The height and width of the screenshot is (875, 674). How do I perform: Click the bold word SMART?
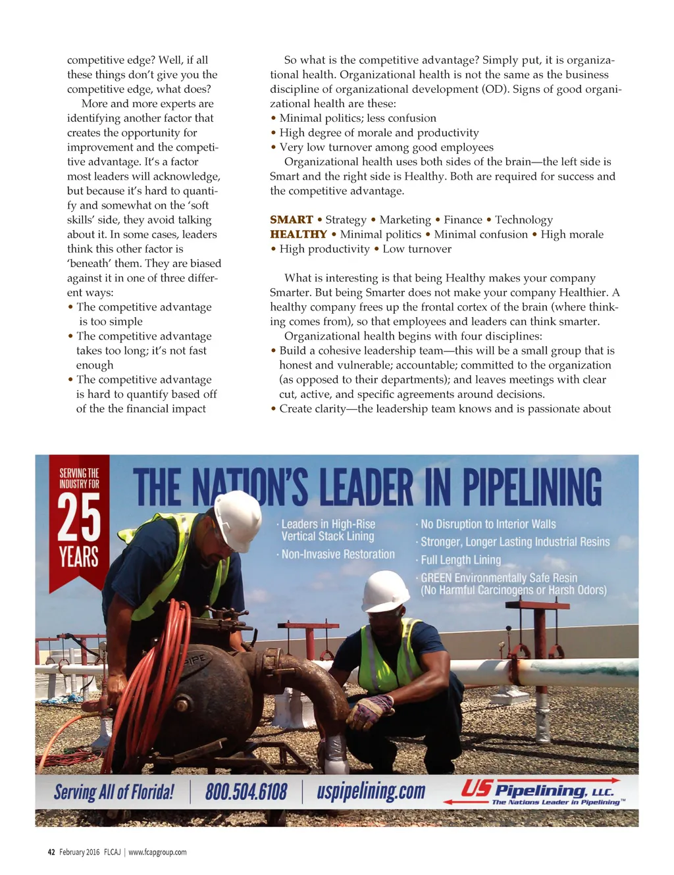[x=291, y=220]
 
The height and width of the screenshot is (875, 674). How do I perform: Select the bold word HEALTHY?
[x=298, y=234]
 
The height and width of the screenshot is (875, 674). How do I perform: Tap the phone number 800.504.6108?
[x=246, y=791]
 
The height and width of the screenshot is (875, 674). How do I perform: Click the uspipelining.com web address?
[x=371, y=791]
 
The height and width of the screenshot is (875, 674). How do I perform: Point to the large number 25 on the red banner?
[x=79, y=517]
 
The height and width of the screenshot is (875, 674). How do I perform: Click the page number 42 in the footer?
[x=51, y=852]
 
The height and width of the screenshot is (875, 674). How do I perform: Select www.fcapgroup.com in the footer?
[x=157, y=852]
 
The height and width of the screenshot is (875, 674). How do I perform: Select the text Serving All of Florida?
[x=114, y=791]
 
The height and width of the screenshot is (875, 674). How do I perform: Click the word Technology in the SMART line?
[x=524, y=220]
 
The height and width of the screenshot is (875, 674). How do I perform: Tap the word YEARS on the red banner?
[x=79, y=557]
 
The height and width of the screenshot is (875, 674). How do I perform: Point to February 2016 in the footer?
[x=80, y=852]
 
